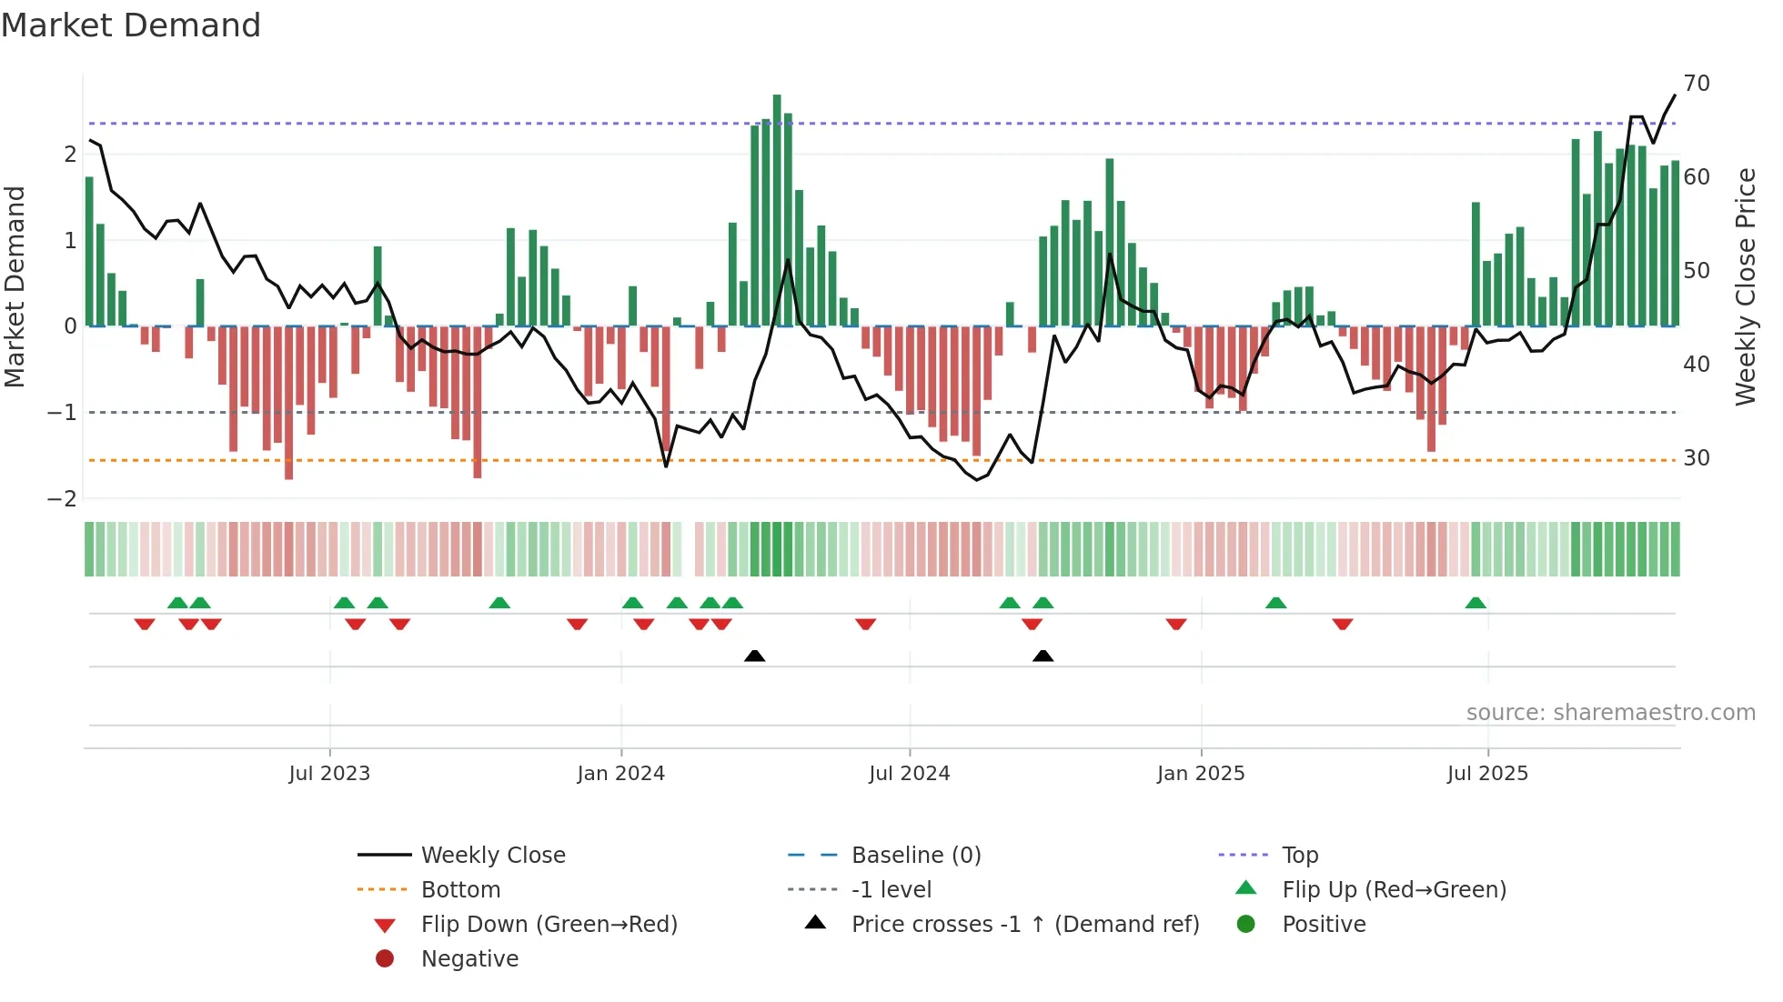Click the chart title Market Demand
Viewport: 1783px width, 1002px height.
[x=131, y=25]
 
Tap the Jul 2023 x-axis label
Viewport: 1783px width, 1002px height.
[x=329, y=774]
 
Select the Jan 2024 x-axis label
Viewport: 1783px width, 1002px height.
[x=620, y=774]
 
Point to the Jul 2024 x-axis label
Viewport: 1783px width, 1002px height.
[x=909, y=774]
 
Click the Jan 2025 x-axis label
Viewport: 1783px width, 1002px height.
[x=1200, y=774]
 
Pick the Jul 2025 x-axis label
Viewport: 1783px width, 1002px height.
[x=1487, y=774]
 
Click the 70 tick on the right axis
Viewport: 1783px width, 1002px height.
[x=1696, y=84]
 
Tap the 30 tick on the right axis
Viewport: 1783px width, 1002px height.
[x=1696, y=458]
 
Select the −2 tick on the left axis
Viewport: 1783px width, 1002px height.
[x=62, y=499]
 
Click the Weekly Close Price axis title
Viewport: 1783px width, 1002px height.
[x=1745, y=286]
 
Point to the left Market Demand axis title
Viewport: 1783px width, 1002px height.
[x=15, y=286]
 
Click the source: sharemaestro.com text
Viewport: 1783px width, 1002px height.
[x=1610, y=713]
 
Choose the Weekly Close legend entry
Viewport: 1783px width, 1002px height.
[x=492, y=856]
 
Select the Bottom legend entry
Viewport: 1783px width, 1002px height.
[x=460, y=890]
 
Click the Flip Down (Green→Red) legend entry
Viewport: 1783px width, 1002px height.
[x=549, y=925]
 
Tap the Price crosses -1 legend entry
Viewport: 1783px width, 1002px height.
[x=1024, y=925]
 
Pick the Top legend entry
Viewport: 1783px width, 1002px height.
[x=1299, y=856]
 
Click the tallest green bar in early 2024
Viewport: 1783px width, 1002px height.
[x=777, y=209]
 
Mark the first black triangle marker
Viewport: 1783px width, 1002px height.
[x=754, y=656]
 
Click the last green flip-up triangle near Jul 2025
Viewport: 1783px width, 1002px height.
[x=1476, y=603]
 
